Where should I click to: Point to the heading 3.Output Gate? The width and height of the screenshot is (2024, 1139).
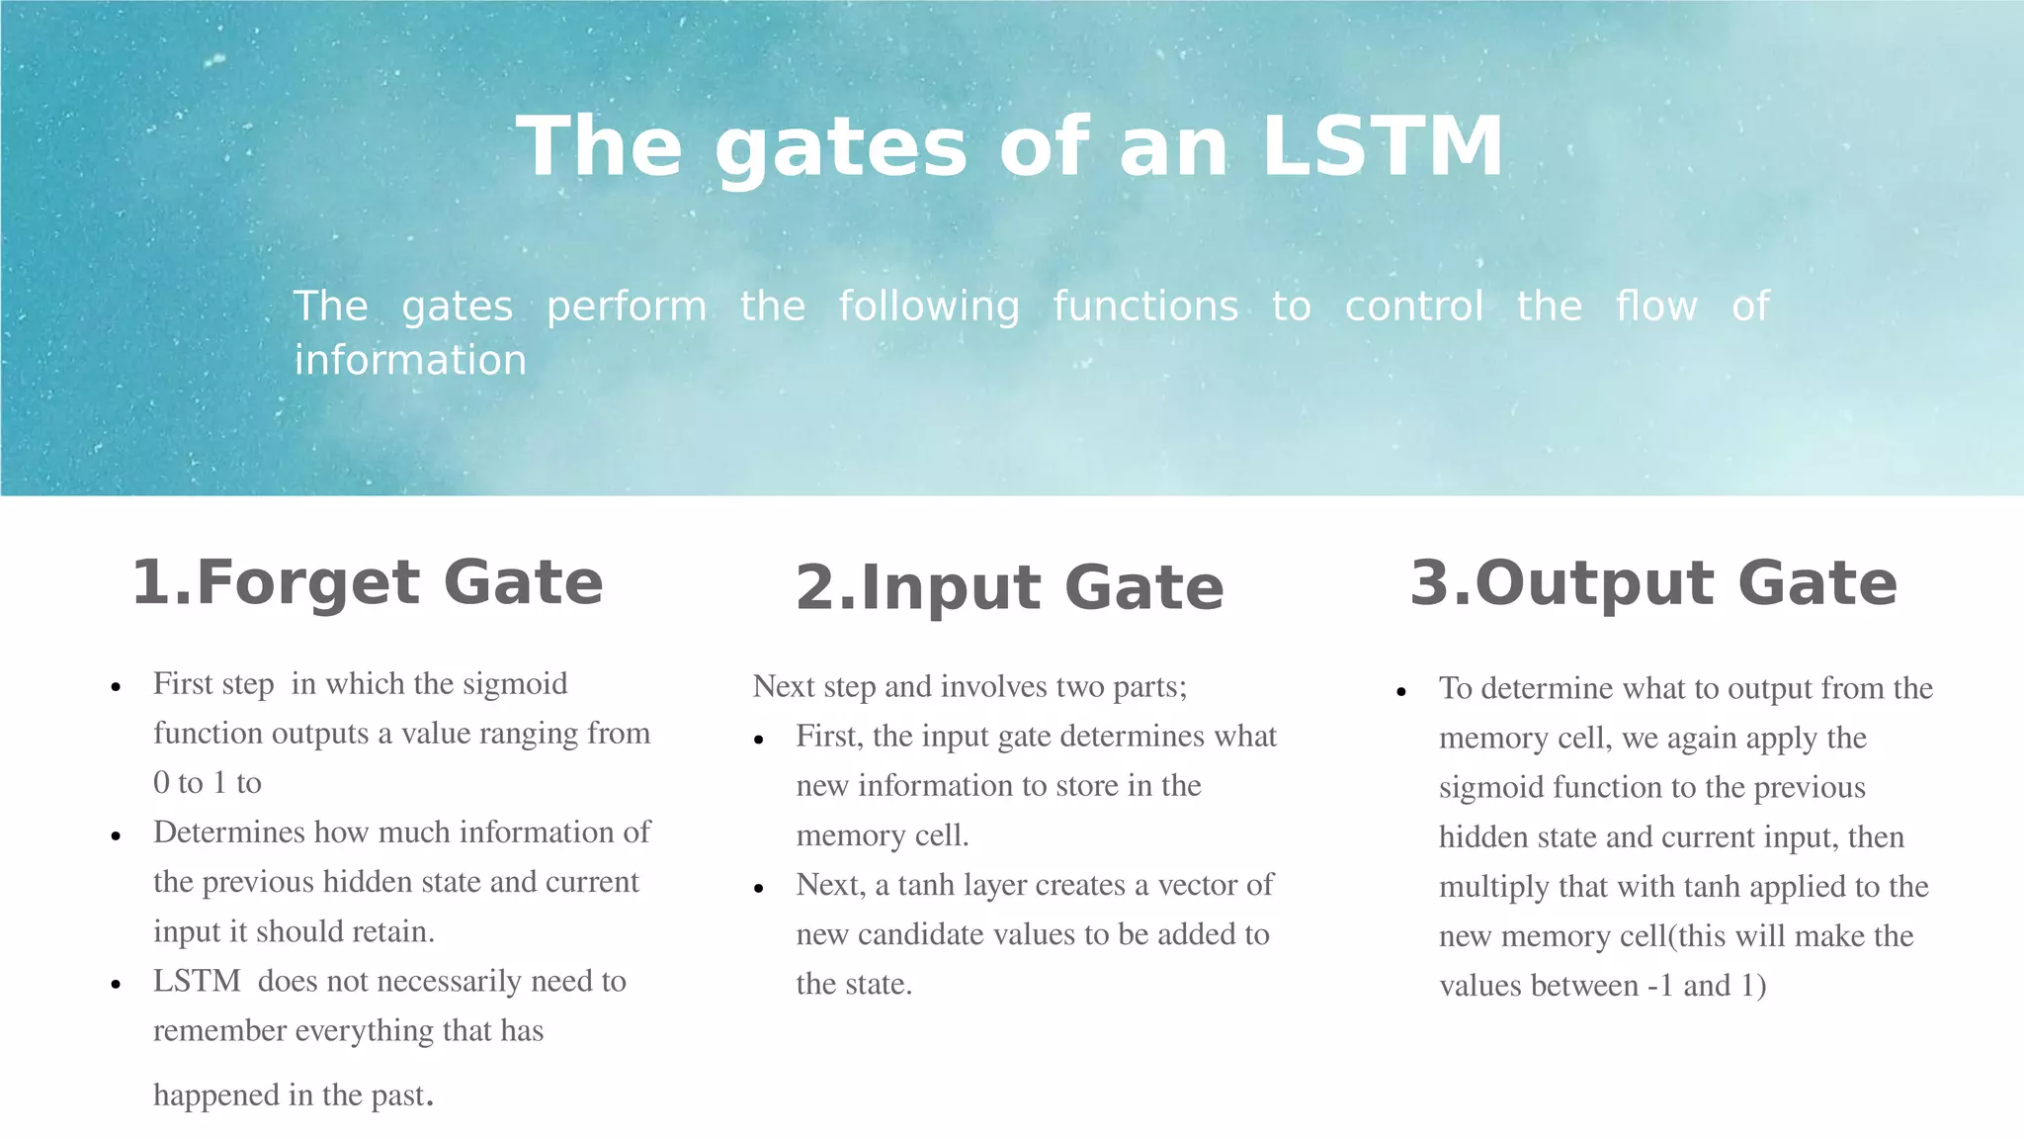(1653, 582)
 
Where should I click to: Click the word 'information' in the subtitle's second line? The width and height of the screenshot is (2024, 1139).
(410, 360)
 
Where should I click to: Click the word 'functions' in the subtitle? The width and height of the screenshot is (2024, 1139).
(1145, 307)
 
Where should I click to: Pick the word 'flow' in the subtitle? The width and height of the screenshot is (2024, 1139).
(1656, 307)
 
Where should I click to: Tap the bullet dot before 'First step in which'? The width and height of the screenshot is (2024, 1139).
(117, 687)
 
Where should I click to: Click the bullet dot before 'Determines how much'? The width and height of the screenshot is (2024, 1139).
(117, 835)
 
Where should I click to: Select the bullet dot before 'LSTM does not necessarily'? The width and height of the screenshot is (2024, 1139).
(117, 985)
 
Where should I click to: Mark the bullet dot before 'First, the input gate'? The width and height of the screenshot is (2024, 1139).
(759, 740)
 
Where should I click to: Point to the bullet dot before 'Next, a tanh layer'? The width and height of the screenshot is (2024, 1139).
(759, 888)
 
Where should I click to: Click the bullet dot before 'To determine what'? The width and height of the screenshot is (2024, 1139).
(1401, 692)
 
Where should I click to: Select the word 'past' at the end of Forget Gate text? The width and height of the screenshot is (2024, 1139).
(397, 1095)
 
